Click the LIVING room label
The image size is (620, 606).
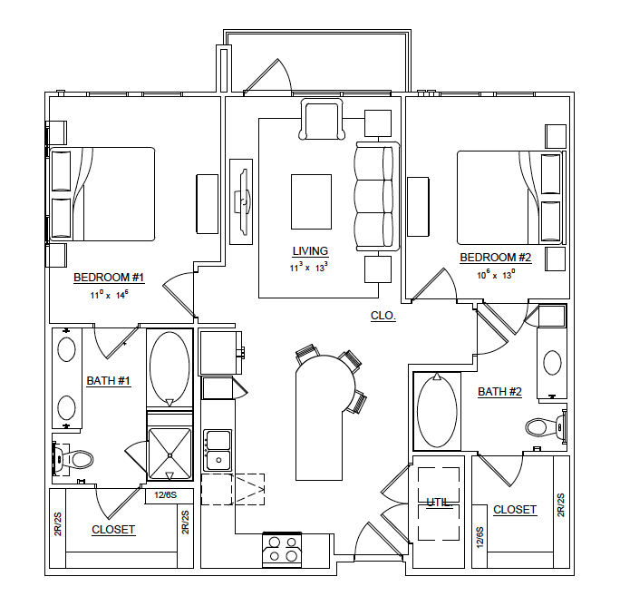point(310,251)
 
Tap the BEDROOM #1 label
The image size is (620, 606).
point(109,278)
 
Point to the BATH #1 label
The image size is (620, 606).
point(109,381)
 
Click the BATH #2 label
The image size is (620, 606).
point(500,392)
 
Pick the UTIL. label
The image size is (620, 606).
point(440,502)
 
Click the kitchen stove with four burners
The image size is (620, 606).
point(282,550)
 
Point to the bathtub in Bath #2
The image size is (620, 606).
point(437,411)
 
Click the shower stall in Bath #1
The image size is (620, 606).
point(170,447)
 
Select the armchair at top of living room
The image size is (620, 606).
point(322,120)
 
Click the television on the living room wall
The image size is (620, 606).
point(241,200)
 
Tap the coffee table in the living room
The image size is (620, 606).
point(311,201)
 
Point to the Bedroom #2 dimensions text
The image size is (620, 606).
point(496,273)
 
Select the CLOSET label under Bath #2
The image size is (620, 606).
point(515,510)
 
